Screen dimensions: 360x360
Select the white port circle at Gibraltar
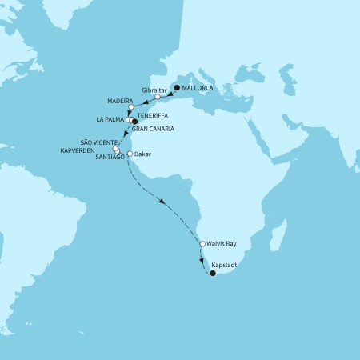pos(158,97)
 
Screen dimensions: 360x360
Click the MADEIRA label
pos(120,102)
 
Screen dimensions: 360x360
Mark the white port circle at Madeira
pos(130,107)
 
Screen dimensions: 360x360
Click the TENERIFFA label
pos(153,115)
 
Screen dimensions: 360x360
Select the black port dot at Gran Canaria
pos(134,122)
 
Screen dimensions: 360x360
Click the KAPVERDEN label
pos(87,150)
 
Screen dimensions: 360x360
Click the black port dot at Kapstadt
pos(213,274)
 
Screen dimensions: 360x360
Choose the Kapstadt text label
pos(226,263)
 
